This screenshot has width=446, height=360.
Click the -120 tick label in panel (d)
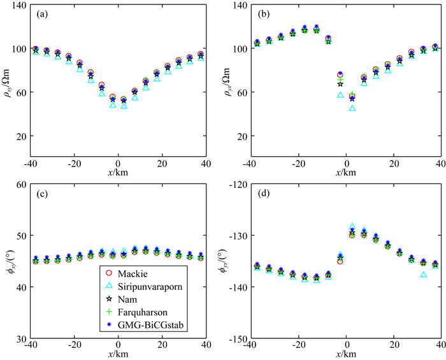coord(236,185)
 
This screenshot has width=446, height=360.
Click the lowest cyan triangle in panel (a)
coord(124,106)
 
